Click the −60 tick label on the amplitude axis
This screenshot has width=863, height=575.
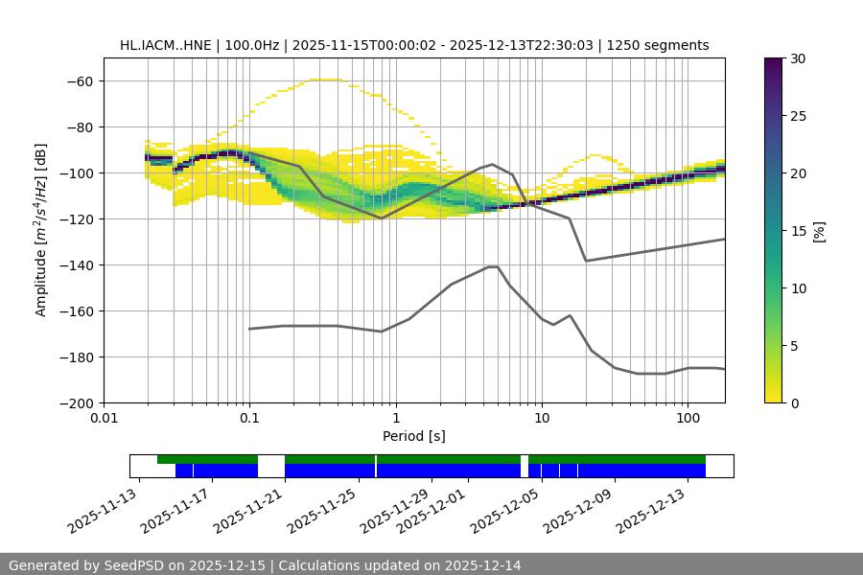(79, 81)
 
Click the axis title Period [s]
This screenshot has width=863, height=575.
(414, 436)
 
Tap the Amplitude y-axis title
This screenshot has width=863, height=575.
(41, 230)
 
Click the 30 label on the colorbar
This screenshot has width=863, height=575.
(798, 58)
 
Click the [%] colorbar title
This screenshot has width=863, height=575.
(820, 231)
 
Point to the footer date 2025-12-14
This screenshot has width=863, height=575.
(483, 565)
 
